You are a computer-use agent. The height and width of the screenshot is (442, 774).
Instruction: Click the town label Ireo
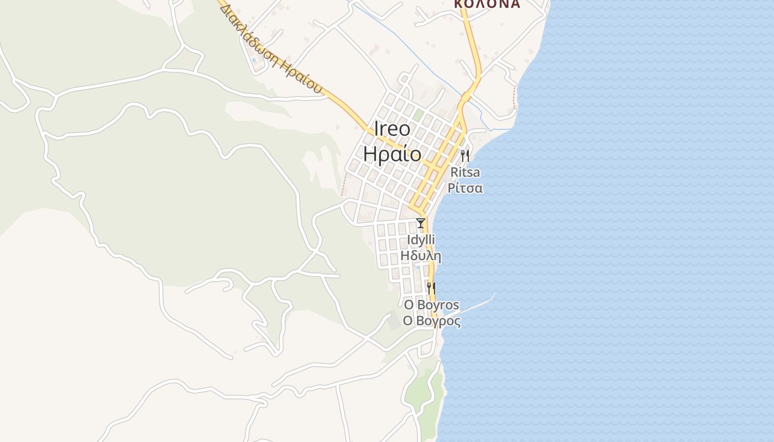(x=393, y=129)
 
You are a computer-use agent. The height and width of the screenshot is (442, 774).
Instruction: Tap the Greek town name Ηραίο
(x=393, y=153)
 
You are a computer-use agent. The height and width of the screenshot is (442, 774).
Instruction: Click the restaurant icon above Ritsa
(x=465, y=155)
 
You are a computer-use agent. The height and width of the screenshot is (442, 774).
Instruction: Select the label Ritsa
(x=466, y=172)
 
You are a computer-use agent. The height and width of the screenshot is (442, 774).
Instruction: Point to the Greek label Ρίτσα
(x=466, y=188)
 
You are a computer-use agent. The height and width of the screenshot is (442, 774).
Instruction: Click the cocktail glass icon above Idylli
(x=421, y=223)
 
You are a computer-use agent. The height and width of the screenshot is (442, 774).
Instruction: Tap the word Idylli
(x=421, y=240)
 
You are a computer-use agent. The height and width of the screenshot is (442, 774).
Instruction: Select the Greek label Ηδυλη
(x=421, y=256)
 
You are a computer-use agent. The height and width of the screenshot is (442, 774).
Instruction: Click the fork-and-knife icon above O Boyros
(x=431, y=288)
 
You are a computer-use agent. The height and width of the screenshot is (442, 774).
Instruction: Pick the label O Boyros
(x=431, y=305)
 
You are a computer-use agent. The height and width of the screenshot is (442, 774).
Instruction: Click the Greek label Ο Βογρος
(x=431, y=321)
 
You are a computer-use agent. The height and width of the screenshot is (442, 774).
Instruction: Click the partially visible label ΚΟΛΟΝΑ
(x=487, y=4)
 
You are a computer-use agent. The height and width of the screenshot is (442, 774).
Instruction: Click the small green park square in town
(x=419, y=115)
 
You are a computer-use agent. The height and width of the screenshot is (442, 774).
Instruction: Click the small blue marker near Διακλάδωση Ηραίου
(x=254, y=60)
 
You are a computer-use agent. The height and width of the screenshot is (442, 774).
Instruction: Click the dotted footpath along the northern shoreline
(x=515, y=97)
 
